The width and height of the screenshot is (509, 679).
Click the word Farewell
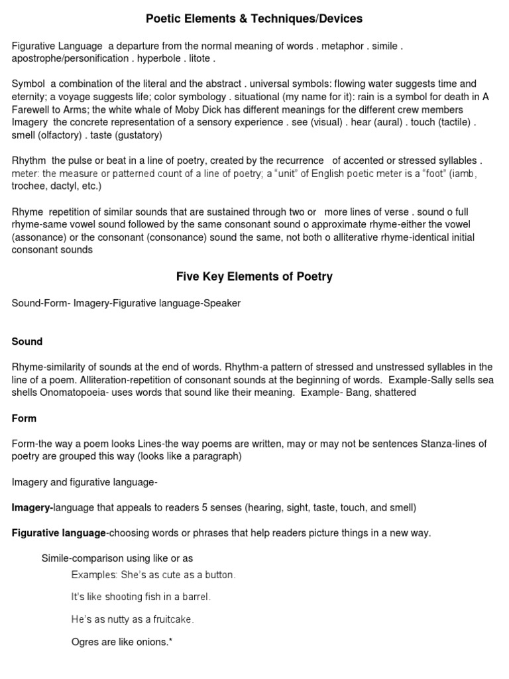tap(32, 109)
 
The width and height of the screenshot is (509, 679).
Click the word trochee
tap(30, 186)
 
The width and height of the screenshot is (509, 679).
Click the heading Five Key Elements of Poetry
tap(254, 277)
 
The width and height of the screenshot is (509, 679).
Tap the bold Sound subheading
tap(27, 341)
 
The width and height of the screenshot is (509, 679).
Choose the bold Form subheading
tap(25, 418)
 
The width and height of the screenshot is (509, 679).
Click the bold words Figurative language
tap(59, 533)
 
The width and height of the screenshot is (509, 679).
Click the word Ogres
tap(85, 642)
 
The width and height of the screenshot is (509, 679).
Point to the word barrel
tap(194, 597)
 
